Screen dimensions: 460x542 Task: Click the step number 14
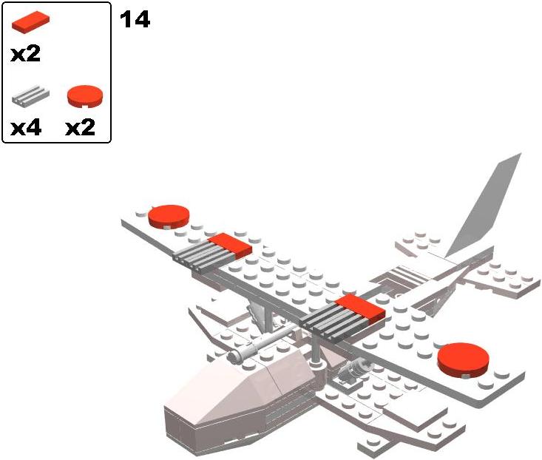(135, 20)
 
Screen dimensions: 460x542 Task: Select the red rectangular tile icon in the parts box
(31, 24)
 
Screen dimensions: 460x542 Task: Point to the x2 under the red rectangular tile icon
(26, 54)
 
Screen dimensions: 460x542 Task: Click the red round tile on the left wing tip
(169, 216)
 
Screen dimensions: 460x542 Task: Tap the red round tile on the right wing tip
(463, 359)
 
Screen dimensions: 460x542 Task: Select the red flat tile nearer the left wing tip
(230, 246)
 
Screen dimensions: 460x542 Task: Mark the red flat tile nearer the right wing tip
(360, 309)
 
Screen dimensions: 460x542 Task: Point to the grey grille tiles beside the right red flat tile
(329, 325)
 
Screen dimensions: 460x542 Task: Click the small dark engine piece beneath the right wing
(355, 368)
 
